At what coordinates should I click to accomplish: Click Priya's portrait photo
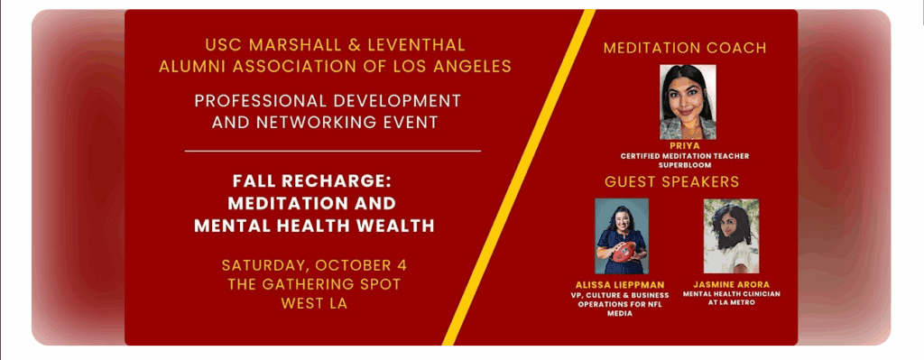click(x=688, y=102)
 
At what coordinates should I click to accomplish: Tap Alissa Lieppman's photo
click(x=622, y=236)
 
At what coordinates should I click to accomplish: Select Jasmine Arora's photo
click(x=731, y=236)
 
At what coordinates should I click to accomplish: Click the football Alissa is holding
click(x=624, y=252)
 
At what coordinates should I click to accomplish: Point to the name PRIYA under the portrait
click(x=684, y=145)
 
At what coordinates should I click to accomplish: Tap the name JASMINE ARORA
click(x=731, y=285)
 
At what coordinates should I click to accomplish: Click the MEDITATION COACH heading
click(x=685, y=49)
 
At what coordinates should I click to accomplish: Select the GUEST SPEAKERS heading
click(x=671, y=182)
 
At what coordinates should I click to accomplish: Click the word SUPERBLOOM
click(x=684, y=166)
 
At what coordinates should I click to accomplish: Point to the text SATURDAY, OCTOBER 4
click(x=314, y=265)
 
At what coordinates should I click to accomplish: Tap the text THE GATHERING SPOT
click(x=314, y=284)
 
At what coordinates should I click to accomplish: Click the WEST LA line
click(x=314, y=304)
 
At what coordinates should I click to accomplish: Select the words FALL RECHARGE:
click(x=312, y=180)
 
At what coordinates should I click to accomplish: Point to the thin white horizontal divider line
click(x=333, y=152)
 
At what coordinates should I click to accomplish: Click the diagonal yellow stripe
click(x=519, y=178)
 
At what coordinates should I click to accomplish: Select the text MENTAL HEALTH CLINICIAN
click(x=731, y=294)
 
